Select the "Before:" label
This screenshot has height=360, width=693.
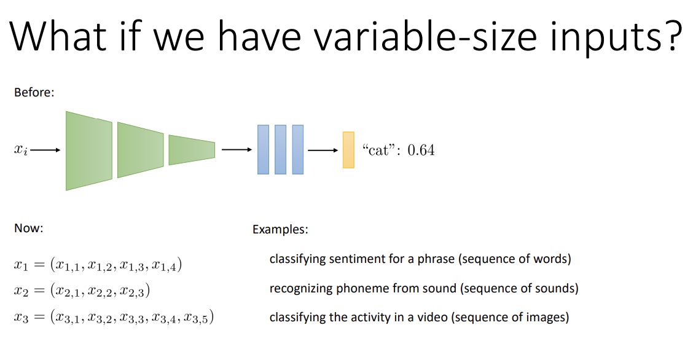[x=34, y=92]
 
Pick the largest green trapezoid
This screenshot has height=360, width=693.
[x=89, y=151]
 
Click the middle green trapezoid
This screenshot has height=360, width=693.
[x=141, y=150]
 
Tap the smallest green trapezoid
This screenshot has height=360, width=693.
[x=192, y=150]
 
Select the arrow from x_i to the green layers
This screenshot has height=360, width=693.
[x=45, y=150]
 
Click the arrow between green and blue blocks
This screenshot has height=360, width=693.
[x=237, y=150]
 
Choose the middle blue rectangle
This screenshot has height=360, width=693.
[x=280, y=149]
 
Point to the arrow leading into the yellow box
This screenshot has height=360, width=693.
[x=323, y=150]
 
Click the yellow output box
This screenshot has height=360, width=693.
[x=348, y=150]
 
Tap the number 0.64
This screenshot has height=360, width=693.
[x=421, y=150]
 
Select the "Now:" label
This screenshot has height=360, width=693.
[x=29, y=228]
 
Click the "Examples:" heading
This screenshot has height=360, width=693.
[x=280, y=229]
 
